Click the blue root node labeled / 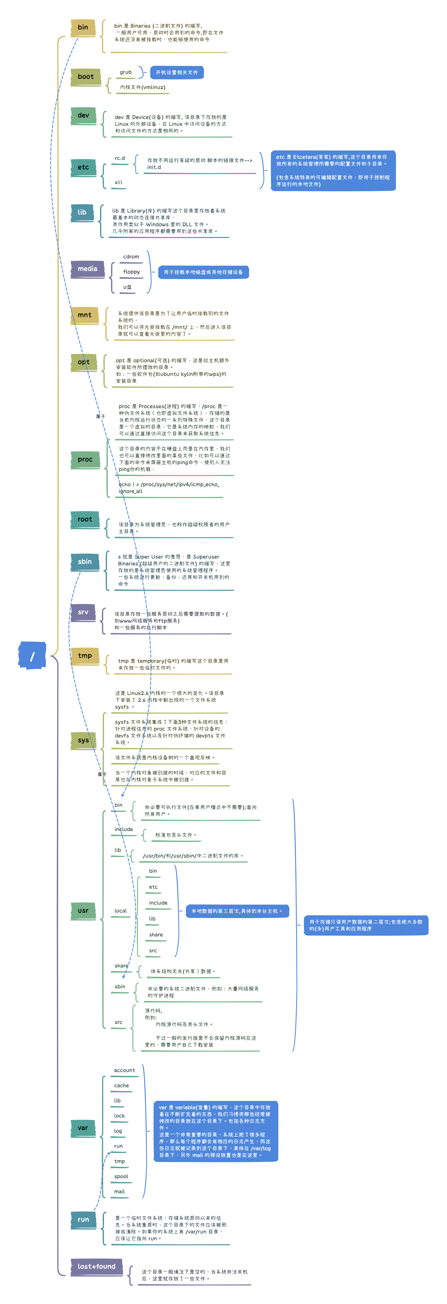(32, 656)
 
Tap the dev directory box (84, 115)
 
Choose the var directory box (83, 1128)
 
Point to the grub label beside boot (126, 72)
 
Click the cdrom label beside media (131, 257)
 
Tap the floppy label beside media (131, 272)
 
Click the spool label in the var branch (121, 1176)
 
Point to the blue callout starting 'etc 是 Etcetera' (333, 171)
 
